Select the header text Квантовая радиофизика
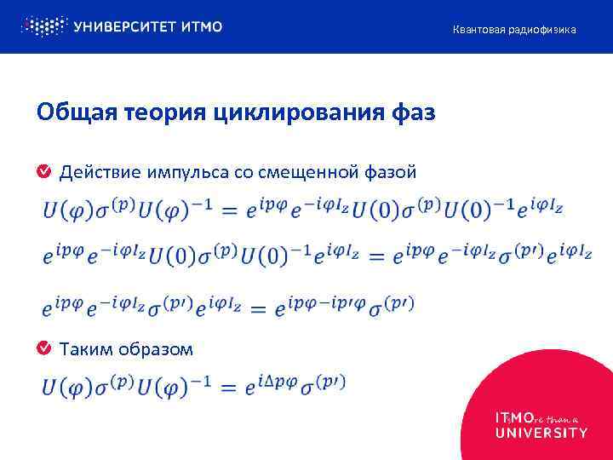(x=513, y=30)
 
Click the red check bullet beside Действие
(x=43, y=173)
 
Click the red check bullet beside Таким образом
(x=43, y=348)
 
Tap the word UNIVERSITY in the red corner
(x=541, y=433)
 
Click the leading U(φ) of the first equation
(x=63, y=209)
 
